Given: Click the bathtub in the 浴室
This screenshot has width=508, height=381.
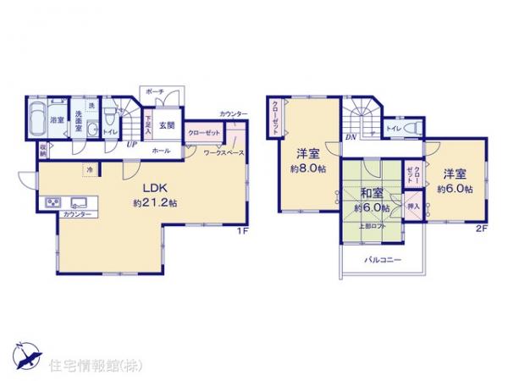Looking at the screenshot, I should click(37, 119).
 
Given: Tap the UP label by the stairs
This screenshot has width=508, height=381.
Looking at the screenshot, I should click(131, 144).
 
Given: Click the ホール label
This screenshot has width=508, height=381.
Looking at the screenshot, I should click(160, 151).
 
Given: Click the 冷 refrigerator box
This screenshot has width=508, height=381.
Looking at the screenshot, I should click(90, 169).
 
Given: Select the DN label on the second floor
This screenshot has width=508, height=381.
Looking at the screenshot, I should click(349, 136).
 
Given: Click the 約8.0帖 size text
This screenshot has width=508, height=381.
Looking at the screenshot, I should click(307, 169).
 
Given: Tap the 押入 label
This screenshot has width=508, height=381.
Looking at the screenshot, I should click(414, 205).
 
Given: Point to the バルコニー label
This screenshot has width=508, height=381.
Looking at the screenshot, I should click(383, 261).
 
